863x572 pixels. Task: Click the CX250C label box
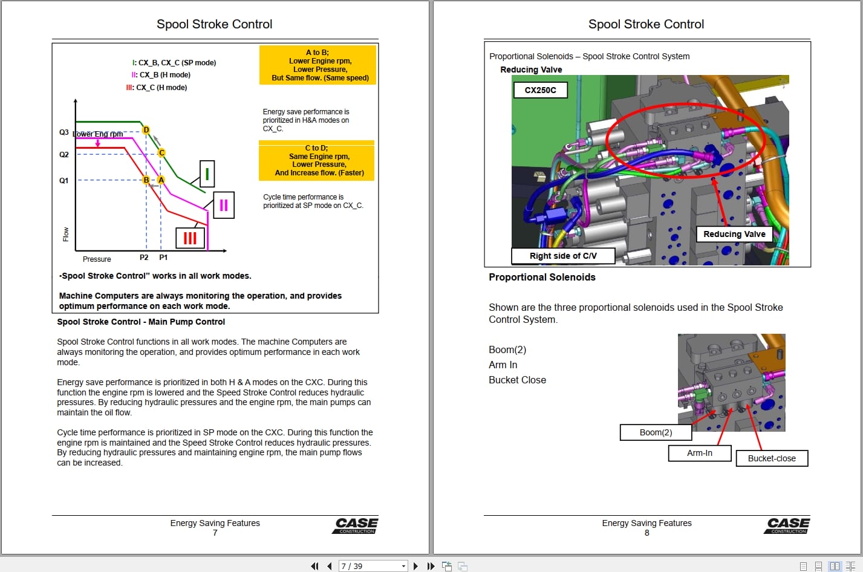click(540, 90)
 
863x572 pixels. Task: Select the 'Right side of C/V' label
click(563, 256)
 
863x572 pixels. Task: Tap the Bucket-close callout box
click(772, 458)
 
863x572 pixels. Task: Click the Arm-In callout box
click(700, 453)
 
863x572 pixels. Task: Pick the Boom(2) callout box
click(656, 432)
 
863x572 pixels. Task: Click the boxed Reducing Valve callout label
click(734, 234)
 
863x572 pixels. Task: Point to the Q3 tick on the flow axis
click(64, 132)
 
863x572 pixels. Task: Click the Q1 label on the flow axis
click(64, 180)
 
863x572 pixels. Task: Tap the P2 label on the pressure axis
click(144, 258)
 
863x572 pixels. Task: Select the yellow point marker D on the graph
click(146, 130)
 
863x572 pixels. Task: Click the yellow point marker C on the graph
click(161, 153)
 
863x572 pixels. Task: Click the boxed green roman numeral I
click(207, 174)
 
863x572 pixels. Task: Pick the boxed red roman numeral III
click(190, 238)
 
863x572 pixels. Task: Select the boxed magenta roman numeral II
click(223, 205)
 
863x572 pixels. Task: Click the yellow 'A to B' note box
click(318, 65)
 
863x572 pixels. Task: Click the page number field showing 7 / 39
click(373, 566)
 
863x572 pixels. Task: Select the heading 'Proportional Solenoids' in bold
click(542, 277)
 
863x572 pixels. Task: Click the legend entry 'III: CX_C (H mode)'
click(157, 88)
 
